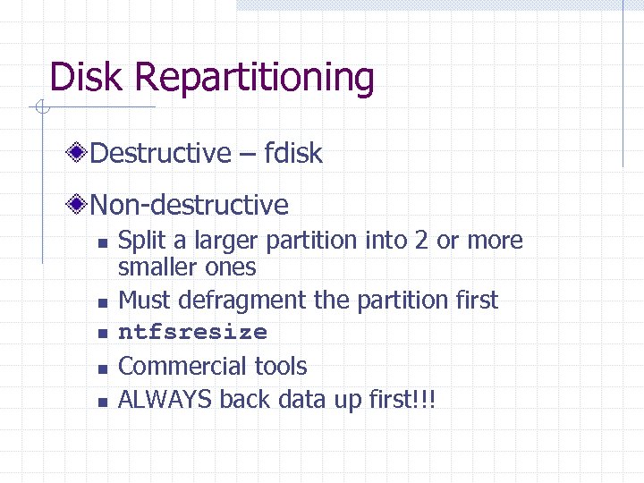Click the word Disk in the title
(x=86, y=77)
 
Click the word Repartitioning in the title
(x=254, y=79)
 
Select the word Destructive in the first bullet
(x=160, y=153)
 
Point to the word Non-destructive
(x=190, y=206)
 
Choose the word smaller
(x=159, y=267)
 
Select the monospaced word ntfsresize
(x=192, y=333)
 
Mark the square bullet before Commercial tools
(x=103, y=368)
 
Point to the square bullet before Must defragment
(x=103, y=301)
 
